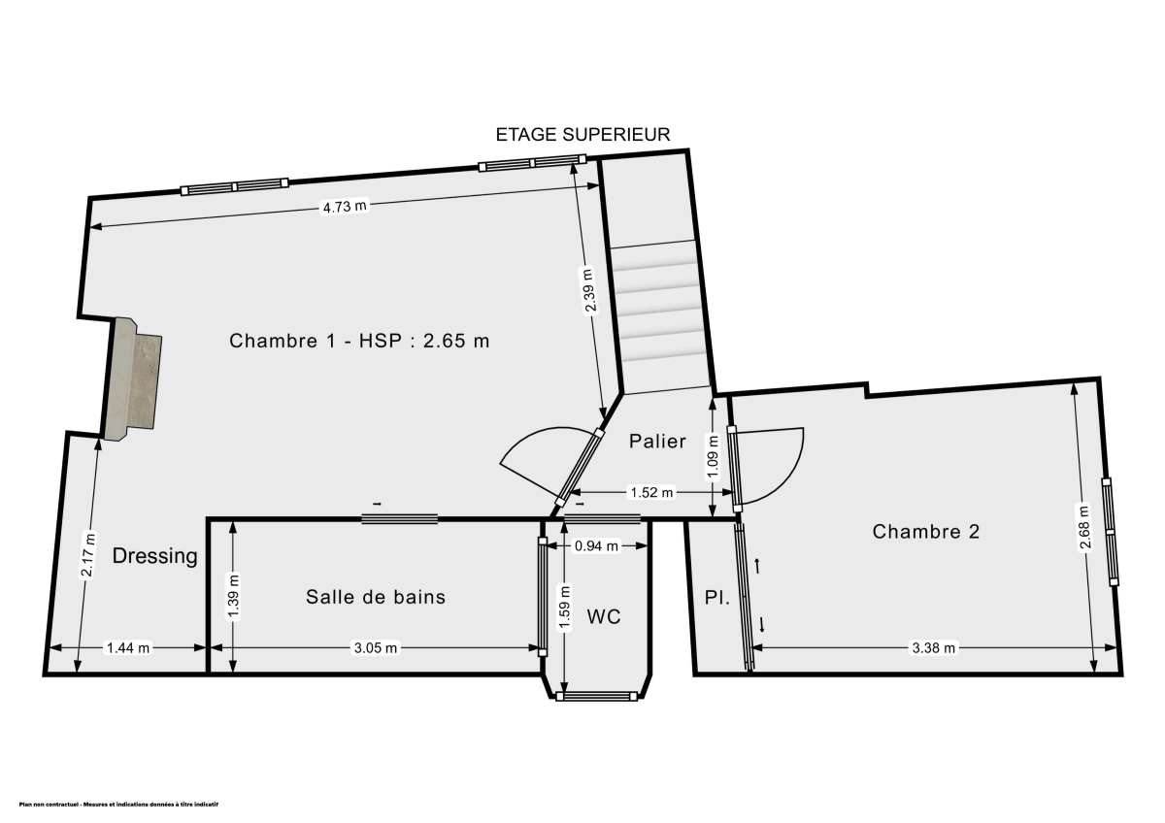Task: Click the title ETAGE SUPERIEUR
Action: click(582, 135)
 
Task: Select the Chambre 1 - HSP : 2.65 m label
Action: click(359, 342)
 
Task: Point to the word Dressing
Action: click(155, 556)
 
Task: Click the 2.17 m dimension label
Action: click(88, 555)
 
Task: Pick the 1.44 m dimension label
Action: click(128, 648)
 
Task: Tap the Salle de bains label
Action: click(376, 597)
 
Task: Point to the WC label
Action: click(603, 616)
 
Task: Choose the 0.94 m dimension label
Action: click(596, 546)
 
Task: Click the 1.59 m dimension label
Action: click(563, 605)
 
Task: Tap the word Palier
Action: click(657, 442)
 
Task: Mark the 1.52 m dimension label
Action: click(651, 492)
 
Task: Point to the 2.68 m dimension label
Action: click(1085, 527)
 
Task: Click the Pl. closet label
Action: click(716, 599)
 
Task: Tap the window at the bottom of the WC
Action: click(599, 696)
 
